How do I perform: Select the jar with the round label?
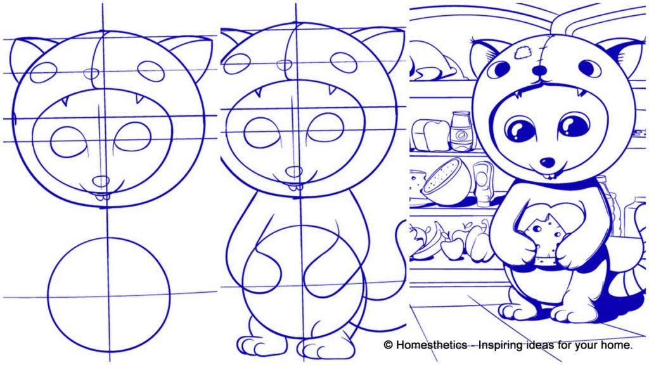[x=461, y=131]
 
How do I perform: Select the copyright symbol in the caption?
[x=388, y=345]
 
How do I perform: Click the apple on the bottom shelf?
[x=452, y=247]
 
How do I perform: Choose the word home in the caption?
[x=614, y=345]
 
